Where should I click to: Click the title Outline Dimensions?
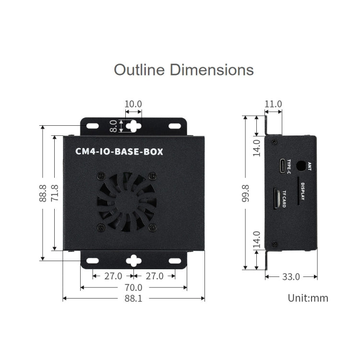pyautogui.click(x=183, y=70)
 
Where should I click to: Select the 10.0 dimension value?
pyautogui.click(x=133, y=104)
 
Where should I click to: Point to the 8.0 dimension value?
pyautogui.click(x=113, y=126)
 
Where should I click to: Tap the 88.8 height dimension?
pyautogui.click(x=43, y=193)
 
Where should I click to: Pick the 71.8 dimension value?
pyautogui.click(x=54, y=193)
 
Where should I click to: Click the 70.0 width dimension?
pyautogui.click(x=133, y=288)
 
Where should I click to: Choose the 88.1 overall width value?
pyautogui.click(x=133, y=299)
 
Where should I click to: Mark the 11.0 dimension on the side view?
pyautogui.click(x=273, y=104)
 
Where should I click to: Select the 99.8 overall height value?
pyautogui.click(x=246, y=193)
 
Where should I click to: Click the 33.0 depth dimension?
pyautogui.click(x=290, y=276)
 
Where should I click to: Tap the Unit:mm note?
pyautogui.click(x=308, y=298)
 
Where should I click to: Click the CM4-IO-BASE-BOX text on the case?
pyautogui.click(x=120, y=152)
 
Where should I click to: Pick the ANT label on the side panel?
pyautogui.click(x=310, y=166)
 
